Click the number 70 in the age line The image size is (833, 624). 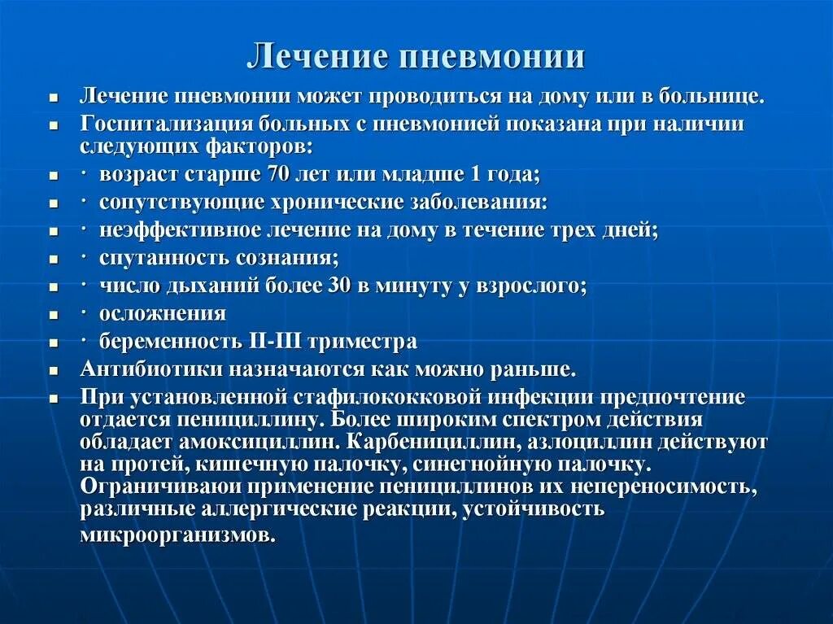(276, 175)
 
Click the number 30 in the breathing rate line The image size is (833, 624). (338, 286)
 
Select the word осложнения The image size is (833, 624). (163, 313)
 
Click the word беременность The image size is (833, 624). (165, 342)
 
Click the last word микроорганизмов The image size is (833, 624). (177, 536)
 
